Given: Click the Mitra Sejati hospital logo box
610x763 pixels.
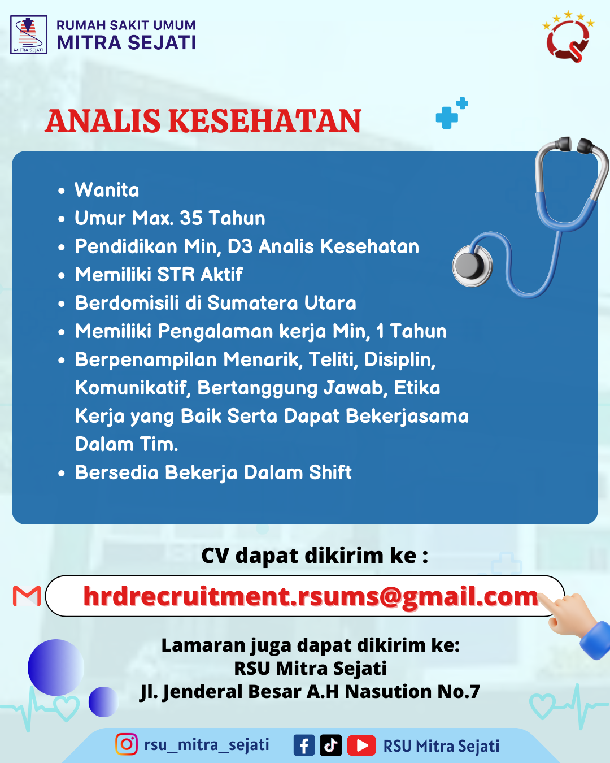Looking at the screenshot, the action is [x=28, y=34].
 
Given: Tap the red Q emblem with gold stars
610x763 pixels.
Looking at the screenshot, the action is [x=568, y=37].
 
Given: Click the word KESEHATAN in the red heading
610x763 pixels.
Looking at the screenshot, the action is [x=264, y=121].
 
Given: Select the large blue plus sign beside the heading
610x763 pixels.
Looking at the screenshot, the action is [x=447, y=118].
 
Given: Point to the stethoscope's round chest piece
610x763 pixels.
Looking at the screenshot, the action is [x=472, y=266].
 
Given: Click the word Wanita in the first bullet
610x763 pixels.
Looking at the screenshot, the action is [x=107, y=190].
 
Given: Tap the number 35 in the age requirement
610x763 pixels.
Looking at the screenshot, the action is [x=191, y=218].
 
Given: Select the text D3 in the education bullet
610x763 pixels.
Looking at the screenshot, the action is [x=240, y=246].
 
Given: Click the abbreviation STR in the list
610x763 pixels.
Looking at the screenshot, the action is [x=176, y=275].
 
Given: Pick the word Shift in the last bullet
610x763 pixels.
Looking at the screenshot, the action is [x=330, y=472].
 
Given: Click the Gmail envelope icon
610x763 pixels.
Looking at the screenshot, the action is [x=27, y=596].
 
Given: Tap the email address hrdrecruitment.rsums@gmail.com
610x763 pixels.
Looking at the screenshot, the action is [x=311, y=597].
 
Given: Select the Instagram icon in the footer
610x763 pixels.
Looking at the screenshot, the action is [x=126, y=744].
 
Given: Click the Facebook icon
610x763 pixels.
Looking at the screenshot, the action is [x=304, y=745].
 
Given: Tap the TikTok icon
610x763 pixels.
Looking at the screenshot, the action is [x=330, y=745].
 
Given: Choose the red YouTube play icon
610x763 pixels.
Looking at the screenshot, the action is [x=361, y=745].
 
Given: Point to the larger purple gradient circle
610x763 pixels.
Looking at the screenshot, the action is [x=56, y=667].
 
